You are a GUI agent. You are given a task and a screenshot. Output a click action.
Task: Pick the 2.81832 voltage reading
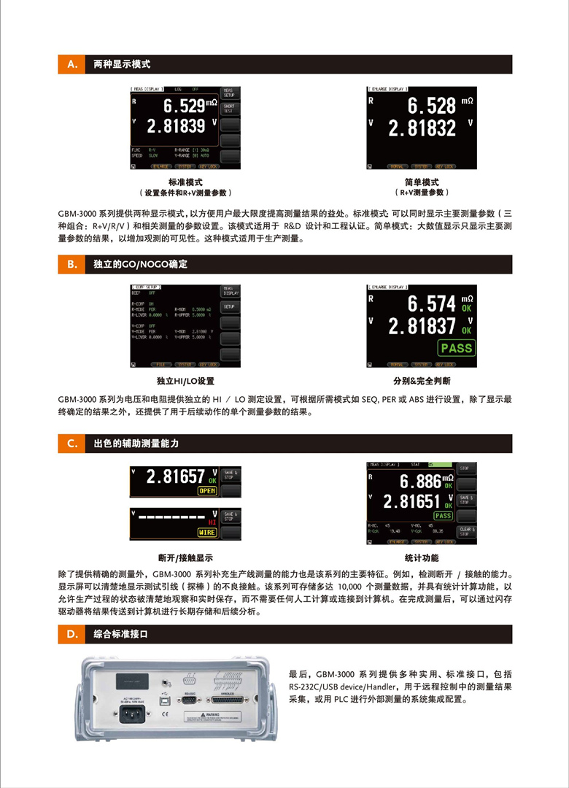tap(422, 129)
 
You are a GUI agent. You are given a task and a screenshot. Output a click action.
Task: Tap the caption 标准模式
tap(185, 182)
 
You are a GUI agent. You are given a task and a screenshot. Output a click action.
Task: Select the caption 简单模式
tap(422, 182)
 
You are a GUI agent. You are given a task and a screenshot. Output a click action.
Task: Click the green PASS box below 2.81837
tap(456, 348)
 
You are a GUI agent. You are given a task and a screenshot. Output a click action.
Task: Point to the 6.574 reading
tap(430, 304)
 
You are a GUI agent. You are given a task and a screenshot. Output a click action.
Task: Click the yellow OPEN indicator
tap(208, 491)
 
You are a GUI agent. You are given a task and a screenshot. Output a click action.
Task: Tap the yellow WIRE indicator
tap(208, 533)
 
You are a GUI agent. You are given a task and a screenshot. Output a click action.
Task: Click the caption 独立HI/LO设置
tap(185, 381)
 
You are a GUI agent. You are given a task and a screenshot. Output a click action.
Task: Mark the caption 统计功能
tap(422, 557)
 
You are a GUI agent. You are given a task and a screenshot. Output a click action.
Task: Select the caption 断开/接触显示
tap(185, 557)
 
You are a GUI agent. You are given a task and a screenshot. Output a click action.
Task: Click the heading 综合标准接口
tap(121, 634)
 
